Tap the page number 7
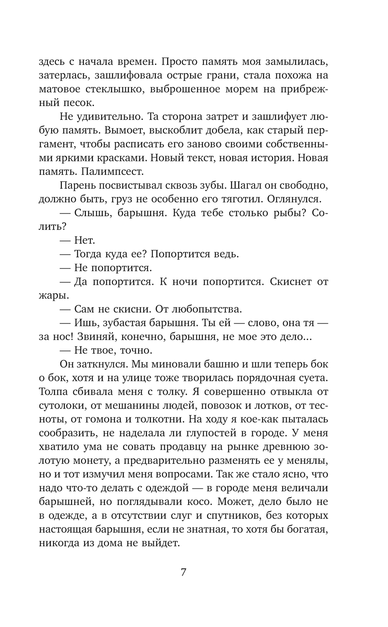184,572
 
